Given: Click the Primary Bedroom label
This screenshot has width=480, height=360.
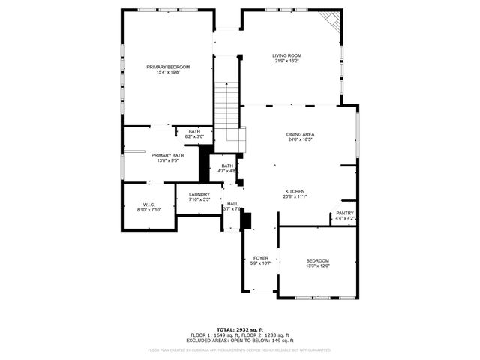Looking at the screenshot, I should point(168,67).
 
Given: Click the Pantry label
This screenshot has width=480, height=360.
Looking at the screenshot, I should point(345,213).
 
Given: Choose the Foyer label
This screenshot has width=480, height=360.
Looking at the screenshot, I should point(260,257).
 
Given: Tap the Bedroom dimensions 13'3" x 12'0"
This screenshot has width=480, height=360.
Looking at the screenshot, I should point(317,265).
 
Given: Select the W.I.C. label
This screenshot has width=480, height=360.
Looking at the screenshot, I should point(148,205).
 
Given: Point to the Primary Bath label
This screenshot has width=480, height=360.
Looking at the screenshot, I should point(167,155).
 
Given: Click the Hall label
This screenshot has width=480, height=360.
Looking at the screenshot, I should point(233,204).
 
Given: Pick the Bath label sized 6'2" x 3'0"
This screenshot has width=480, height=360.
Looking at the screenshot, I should point(194,131).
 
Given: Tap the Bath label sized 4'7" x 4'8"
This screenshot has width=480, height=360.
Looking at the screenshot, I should point(227,166).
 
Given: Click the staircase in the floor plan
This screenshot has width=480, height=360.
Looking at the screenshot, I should point(226,105).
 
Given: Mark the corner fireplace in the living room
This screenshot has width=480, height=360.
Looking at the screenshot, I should point(331,20).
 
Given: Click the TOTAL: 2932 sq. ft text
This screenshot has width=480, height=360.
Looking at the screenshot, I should point(240,329).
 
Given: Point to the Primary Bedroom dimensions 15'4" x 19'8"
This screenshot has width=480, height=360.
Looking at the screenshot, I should point(168,73).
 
